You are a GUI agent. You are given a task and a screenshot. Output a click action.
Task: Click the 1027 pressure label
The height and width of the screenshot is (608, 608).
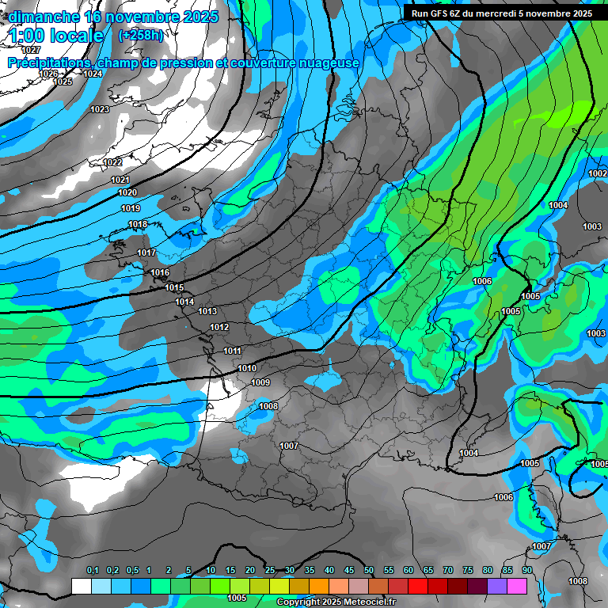click(31, 50)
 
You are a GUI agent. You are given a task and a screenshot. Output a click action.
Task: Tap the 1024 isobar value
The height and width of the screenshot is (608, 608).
click(93, 74)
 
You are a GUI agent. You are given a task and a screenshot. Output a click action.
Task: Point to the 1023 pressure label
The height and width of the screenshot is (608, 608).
click(100, 109)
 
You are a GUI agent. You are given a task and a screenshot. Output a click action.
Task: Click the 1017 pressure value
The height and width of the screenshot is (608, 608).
click(146, 253)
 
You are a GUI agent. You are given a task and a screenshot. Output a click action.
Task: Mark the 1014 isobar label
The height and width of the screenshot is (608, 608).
click(185, 302)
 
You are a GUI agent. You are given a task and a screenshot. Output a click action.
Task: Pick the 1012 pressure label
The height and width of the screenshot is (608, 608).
click(219, 327)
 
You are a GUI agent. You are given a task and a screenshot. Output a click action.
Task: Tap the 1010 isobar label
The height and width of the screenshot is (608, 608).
click(247, 368)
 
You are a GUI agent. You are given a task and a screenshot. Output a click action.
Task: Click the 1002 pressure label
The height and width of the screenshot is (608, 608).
click(598, 173)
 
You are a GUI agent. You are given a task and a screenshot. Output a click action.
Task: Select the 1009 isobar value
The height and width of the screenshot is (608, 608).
click(260, 382)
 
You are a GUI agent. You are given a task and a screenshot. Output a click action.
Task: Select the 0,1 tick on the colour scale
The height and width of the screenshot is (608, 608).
click(93, 570)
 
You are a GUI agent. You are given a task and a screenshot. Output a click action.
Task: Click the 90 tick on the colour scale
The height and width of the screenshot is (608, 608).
click(526, 570)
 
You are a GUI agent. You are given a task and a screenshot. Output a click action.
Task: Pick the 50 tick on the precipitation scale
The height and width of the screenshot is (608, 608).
click(369, 570)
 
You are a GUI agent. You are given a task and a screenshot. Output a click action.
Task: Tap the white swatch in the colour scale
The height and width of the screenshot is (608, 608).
click(81, 586)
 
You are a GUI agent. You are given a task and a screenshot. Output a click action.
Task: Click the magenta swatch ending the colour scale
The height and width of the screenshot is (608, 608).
click(517, 586)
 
